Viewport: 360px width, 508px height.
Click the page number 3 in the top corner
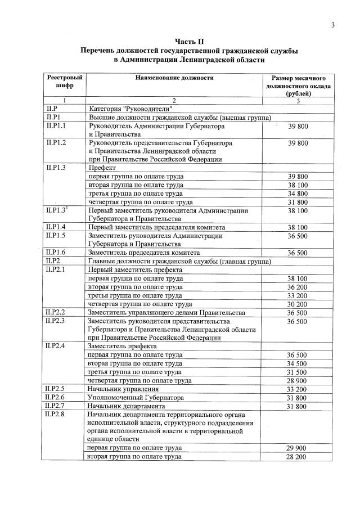tap(332, 25)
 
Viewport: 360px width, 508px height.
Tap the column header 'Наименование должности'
tap(174, 78)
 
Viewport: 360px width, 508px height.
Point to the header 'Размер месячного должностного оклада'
tap(298, 87)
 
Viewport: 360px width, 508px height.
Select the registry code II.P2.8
tap(60, 414)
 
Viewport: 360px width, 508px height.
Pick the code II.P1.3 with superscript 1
tap(60, 210)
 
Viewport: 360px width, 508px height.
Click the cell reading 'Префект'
tap(102, 168)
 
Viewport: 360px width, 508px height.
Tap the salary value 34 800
tap(298, 193)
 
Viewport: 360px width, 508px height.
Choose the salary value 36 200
tap(298, 286)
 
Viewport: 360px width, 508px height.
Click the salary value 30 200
tap(298, 304)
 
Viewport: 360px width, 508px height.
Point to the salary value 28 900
tap(298, 380)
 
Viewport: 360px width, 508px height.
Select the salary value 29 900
tap(298, 448)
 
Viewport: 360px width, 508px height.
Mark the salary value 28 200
tap(298, 457)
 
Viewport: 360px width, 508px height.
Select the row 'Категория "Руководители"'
tap(132, 109)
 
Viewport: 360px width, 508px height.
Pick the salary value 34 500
tap(298, 363)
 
